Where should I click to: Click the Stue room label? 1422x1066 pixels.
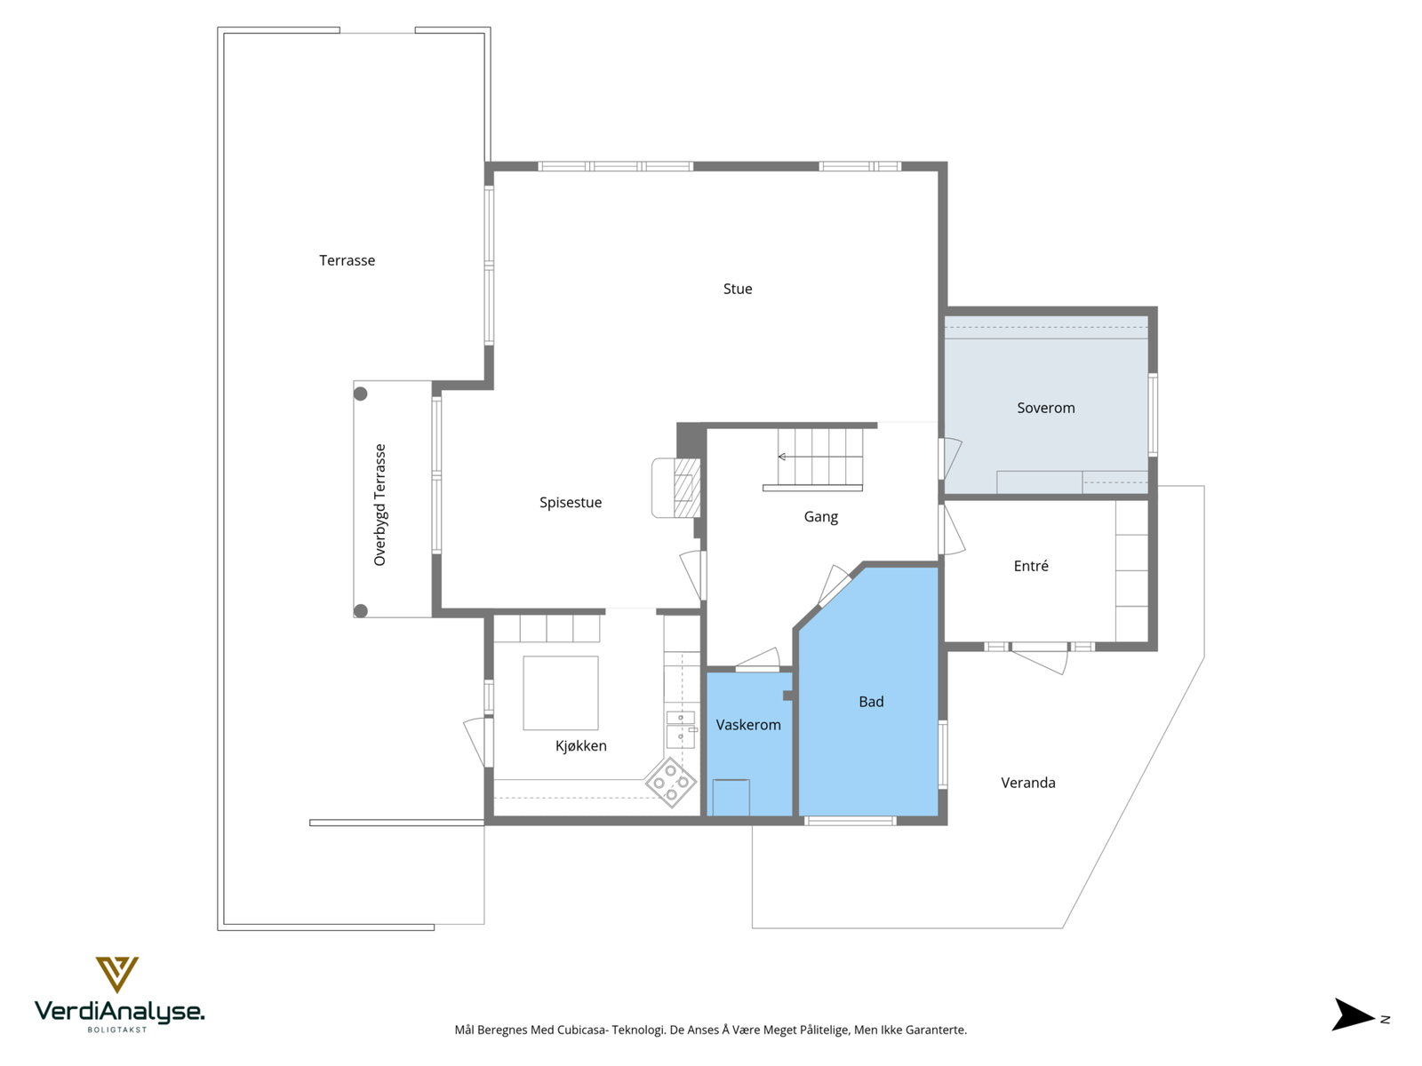[x=738, y=289]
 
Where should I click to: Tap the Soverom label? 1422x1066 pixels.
[x=1046, y=408]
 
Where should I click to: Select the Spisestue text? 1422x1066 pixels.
[x=571, y=503]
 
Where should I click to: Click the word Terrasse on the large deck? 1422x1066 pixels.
[x=347, y=260]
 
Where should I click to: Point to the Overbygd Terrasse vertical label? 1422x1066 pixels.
[x=380, y=505]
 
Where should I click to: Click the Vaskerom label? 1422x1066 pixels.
[x=748, y=725]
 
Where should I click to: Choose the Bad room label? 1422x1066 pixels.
[x=871, y=702]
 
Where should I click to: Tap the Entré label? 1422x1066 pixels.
[x=1031, y=566]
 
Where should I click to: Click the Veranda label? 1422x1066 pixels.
[x=1028, y=783]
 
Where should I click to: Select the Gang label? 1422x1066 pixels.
[x=820, y=517]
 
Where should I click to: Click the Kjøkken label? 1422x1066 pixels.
[x=581, y=746]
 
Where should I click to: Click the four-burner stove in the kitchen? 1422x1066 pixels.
[x=671, y=783]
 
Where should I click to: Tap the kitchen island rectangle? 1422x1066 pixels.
[x=561, y=693]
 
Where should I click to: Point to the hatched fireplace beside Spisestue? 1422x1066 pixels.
[x=686, y=488]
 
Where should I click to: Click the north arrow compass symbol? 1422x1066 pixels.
[x=1353, y=1014]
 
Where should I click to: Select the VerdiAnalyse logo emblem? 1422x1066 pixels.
[x=117, y=974]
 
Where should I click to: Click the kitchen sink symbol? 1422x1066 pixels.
[x=681, y=728]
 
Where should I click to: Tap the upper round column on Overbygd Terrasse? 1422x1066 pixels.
[x=361, y=394]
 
